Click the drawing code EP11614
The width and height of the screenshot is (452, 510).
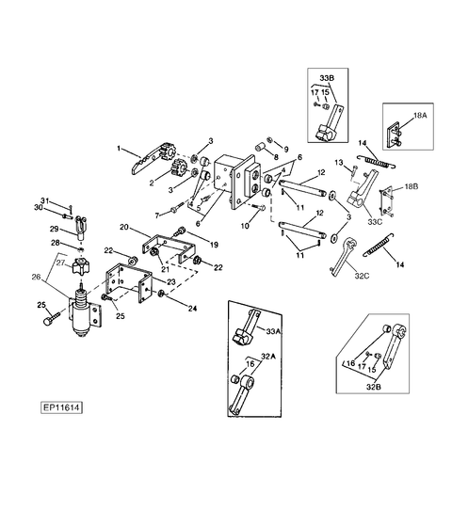click(61, 407)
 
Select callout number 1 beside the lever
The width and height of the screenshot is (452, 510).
click(119, 149)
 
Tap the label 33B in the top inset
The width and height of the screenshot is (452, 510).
click(327, 78)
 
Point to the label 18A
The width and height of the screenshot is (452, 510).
click(420, 115)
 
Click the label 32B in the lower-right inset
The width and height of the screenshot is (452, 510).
click(374, 387)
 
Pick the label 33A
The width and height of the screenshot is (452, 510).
click(273, 331)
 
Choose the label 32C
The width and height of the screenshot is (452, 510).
click(362, 276)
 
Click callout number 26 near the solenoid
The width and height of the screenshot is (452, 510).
click(37, 277)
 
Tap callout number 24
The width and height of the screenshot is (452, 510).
click(193, 308)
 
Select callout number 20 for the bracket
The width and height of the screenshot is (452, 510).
click(124, 227)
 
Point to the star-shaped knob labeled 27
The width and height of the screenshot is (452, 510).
click(81, 266)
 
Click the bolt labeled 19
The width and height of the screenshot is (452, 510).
click(180, 231)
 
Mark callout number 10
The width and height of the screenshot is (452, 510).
click(245, 226)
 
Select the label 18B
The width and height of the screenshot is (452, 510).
click(412, 186)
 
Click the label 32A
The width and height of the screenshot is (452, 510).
click(268, 357)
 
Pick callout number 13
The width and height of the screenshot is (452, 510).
click(339, 162)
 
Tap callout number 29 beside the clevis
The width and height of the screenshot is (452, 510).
click(54, 229)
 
